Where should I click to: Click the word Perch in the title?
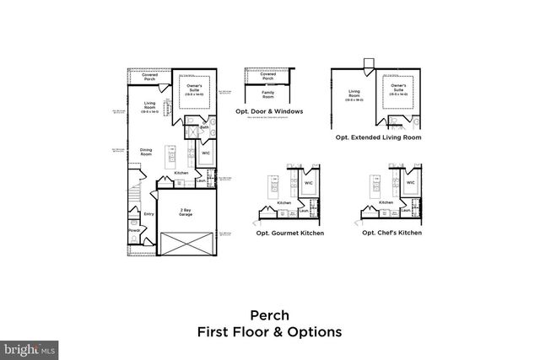tap(269, 315)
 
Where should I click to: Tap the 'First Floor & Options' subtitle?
tap(269, 331)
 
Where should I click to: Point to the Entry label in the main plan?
tap(149, 214)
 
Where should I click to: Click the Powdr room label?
tap(133, 231)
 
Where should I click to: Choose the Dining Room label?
tap(146, 152)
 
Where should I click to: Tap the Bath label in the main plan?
tap(204, 127)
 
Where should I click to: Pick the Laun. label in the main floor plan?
tap(200, 180)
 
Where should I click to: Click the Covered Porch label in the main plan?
tap(149, 76)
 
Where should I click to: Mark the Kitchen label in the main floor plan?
tap(181, 173)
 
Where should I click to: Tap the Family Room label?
tap(268, 97)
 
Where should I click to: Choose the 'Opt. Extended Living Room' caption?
tap(378, 137)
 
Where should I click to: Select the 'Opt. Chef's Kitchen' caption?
tap(391, 233)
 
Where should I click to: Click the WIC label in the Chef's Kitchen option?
tap(410, 181)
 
